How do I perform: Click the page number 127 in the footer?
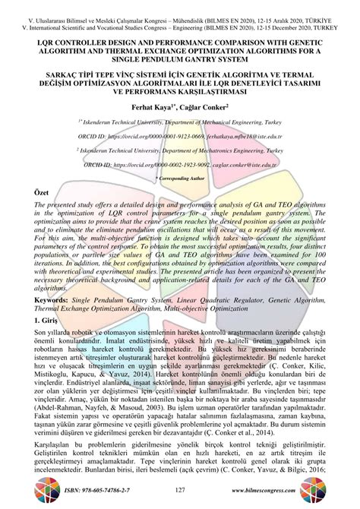point(180,492)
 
